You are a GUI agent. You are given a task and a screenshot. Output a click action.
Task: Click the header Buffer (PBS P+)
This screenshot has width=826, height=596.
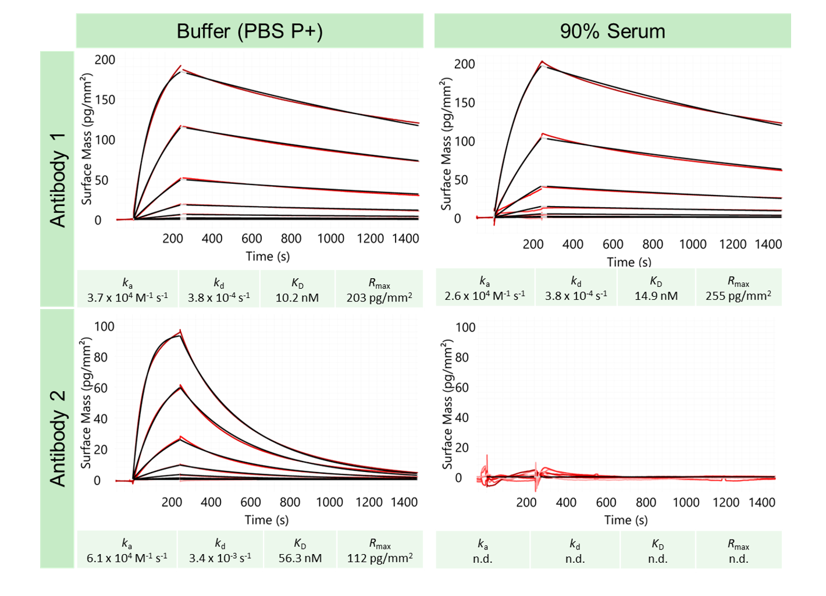[x=250, y=31]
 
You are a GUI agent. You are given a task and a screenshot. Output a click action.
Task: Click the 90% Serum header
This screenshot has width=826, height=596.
[x=612, y=31]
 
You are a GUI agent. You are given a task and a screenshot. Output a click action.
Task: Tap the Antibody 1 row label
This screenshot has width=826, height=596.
[x=58, y=179]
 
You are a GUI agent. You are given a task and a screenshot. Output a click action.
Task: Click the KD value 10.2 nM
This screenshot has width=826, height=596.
[x=297, y=297]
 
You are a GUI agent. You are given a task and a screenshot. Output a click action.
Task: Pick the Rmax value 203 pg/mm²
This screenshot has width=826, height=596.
[x=379, y=297]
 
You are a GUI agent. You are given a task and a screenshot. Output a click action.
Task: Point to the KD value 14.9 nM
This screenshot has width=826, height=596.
[x=656, y=296]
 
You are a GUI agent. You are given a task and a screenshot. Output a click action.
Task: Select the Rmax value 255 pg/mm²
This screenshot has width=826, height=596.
[x=738, y=296]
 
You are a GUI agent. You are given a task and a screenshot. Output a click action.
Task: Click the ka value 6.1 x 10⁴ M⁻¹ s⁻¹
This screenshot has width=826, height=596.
[x=127, y=558]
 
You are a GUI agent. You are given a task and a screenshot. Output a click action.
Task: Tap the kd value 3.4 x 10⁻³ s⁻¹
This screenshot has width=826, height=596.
[x=220, y=558]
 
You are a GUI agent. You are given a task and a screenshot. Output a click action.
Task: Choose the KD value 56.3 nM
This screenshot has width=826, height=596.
[x=300, y=558]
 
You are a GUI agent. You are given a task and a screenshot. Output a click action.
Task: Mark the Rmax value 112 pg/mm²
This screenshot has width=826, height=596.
[x=380, y=558]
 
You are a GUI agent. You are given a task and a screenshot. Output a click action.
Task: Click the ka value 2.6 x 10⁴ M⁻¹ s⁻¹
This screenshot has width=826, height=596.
[x=485, y=296]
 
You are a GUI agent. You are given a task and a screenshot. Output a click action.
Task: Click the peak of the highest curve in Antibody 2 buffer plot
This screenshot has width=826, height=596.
[x=180, y=331]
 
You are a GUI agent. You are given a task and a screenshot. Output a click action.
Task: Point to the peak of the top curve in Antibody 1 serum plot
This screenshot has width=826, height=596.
[x=542, y=61]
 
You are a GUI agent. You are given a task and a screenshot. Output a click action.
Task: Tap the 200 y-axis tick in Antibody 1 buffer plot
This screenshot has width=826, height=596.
[x=105, y=60]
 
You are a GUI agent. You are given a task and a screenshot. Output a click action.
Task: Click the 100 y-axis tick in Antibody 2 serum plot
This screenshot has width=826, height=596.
[x=465, y=328]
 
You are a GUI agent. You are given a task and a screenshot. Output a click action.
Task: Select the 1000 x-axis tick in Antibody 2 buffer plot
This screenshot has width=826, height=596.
[x=329, y=502]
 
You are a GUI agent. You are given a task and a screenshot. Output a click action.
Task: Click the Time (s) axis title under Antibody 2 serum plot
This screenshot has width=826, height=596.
[x=626, y=520]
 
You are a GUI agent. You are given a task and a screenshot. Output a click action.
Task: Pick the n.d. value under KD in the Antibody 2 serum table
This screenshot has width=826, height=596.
[x=658, y=559]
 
